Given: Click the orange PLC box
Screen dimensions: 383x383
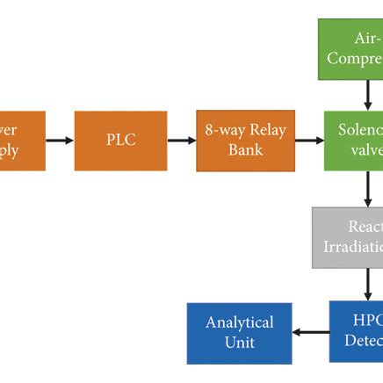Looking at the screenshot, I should coord(120,141).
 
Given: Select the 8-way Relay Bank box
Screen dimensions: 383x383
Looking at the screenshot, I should coord(245,141).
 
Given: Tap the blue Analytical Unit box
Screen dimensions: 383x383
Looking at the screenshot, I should coord(239,333).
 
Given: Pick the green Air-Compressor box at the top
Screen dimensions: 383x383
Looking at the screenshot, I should coord(351,49).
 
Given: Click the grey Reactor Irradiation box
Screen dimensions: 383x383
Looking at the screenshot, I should coord(349,237).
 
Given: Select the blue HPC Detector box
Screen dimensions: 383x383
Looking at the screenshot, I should coord(357,331).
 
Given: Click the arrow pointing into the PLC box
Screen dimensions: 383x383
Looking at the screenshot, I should coord(60,141).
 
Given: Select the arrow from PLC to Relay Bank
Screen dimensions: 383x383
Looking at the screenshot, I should coord(182,141).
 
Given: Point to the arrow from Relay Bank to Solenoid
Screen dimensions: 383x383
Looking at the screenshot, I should coord(310,141).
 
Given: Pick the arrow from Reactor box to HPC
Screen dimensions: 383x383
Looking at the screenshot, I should coord(368,285).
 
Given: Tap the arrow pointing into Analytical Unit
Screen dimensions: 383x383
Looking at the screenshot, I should coord(310,333).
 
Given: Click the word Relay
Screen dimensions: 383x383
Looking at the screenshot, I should coord(267,131).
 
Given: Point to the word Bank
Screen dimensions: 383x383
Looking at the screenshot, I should coord(245,150).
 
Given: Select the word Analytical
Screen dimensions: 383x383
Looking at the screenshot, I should coord(239,322).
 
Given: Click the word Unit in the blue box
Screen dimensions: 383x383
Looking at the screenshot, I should coord(239,343).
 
